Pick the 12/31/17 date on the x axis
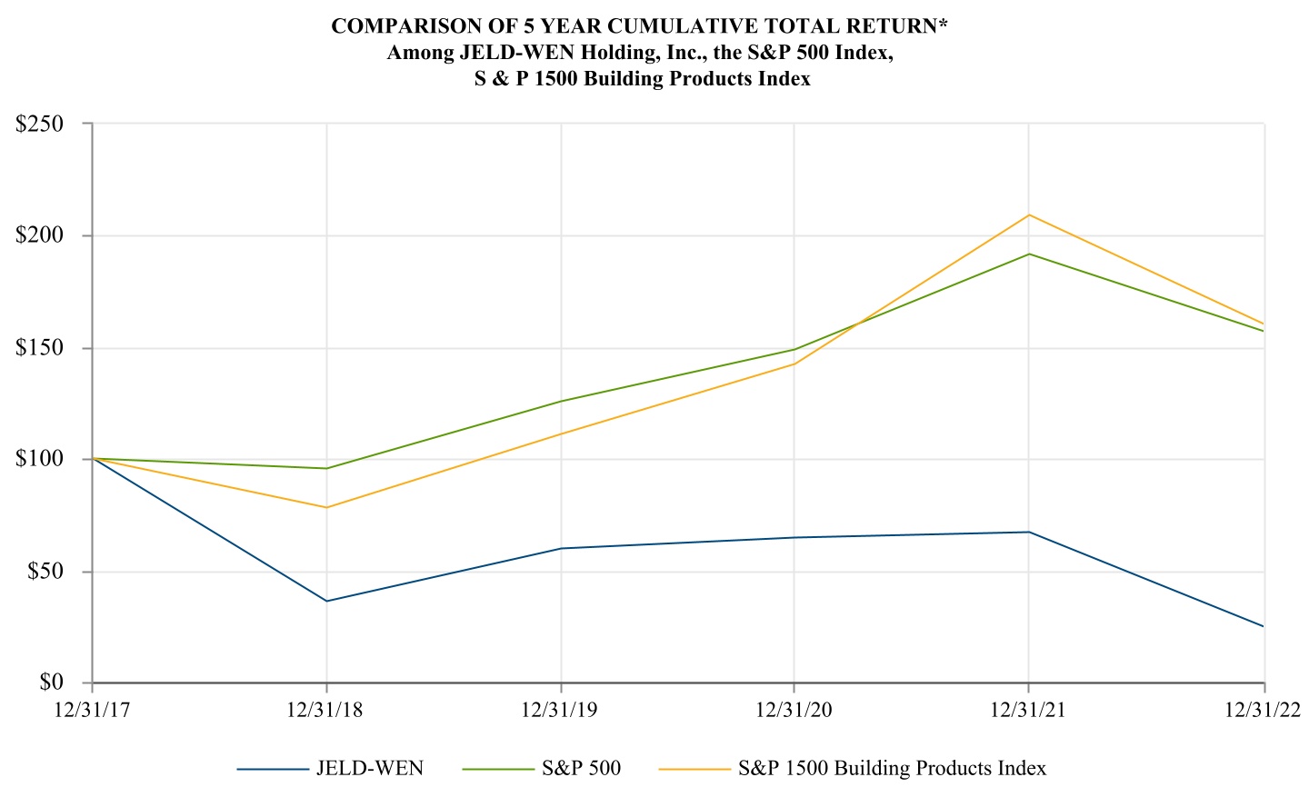click(x=93, y=709)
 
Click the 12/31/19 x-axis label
click(x=560, y=709)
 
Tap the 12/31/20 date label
click(x=794, y=709)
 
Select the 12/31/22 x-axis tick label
click(x=1264, y=709)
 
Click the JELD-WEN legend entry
click(x=369, y=769)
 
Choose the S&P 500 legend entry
click(x=581, y=769)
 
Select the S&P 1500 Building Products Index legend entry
click(x=892, y=769)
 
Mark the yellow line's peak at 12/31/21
click(x=1029, y=214)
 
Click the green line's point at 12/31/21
click(x=1029, y=254)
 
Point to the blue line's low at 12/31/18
click(x=327, y=601)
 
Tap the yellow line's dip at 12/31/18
click(x=327, y=507)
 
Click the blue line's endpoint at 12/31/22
click(x=1263, y=626)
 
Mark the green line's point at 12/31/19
click(x=561, y=401)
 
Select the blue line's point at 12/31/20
click(x=794, y=537)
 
